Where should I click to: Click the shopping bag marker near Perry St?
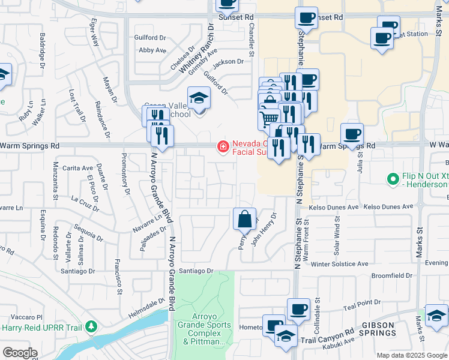coord(245,220)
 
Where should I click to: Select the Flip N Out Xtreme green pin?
coord(393,179)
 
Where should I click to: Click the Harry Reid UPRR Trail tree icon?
coord(91,327)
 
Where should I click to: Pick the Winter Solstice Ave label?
coord(340,264)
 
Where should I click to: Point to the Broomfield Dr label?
coord(392,275)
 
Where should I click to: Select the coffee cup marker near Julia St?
coord(352,134)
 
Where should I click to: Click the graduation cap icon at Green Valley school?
coord(199,98)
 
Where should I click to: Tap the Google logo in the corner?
coord(20,352)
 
